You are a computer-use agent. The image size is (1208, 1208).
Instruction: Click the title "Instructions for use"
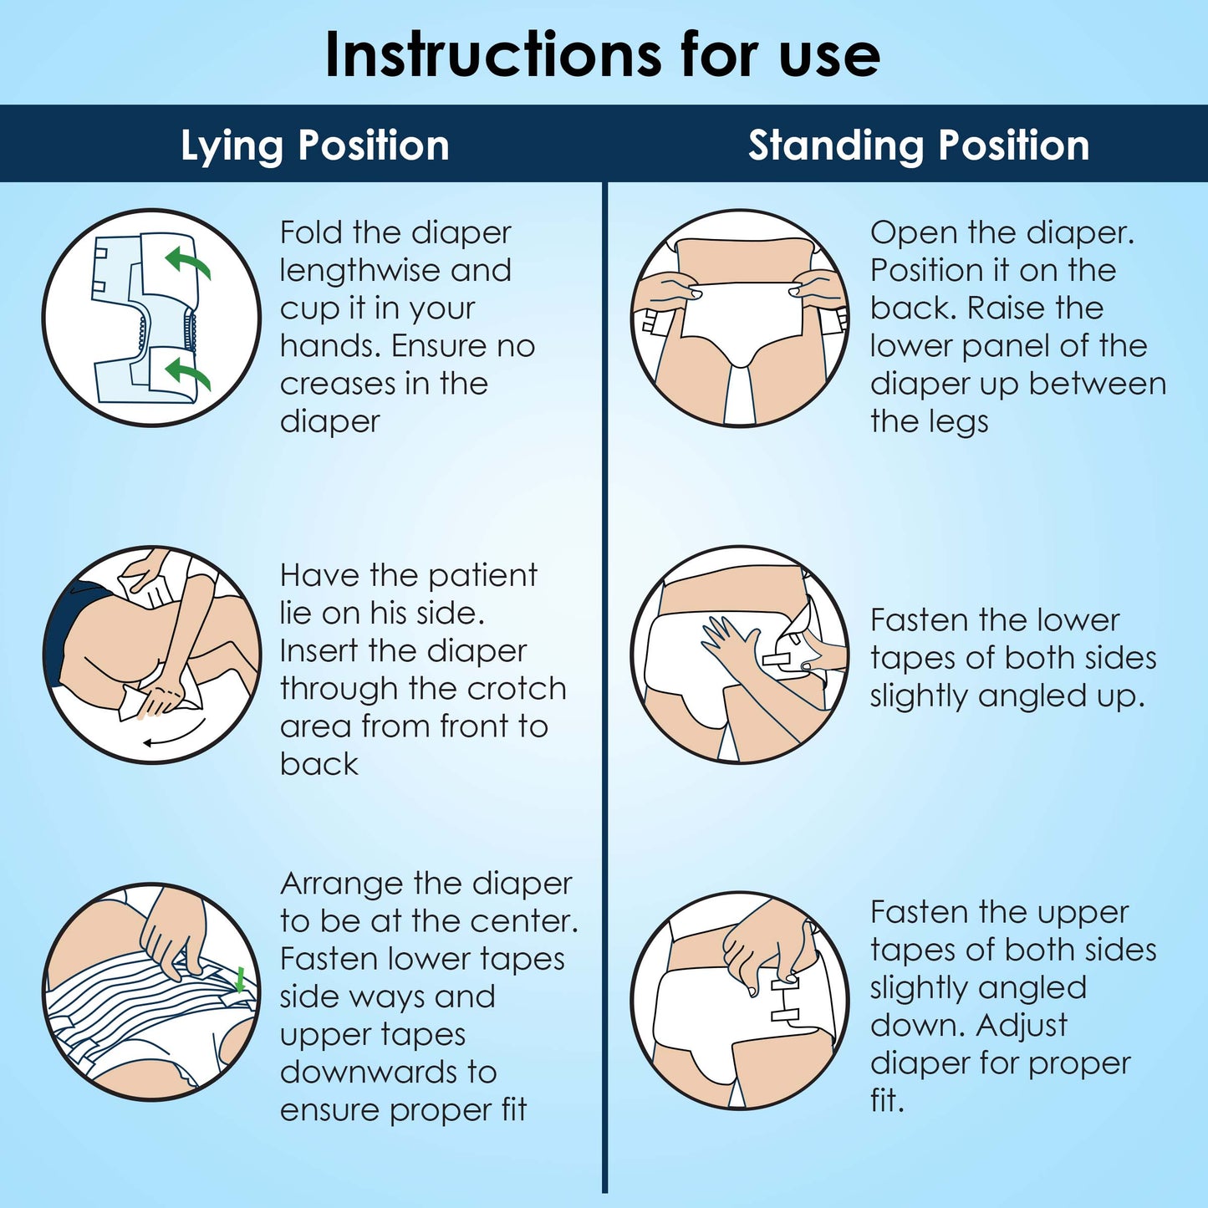pyautogui.click(x=602, y=55)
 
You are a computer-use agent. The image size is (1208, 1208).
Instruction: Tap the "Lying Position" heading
pyautogui.click(x=315, y=145)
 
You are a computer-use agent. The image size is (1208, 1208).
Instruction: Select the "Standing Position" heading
pyautogui.click(x=918, y=145)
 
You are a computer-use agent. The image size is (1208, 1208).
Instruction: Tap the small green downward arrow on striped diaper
pyautogui.click(x=241, y=979)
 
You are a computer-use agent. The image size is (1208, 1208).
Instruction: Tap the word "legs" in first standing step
pyautogui.click(x=959, y=422)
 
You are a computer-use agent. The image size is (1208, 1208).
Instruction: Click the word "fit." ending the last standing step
pyautogui.click(x=887, y=1101)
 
